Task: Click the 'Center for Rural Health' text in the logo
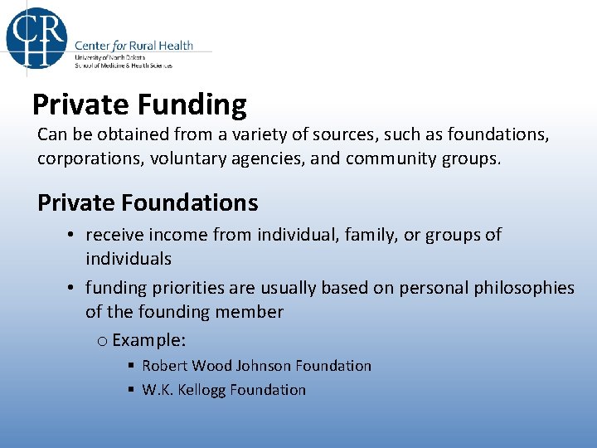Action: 133,45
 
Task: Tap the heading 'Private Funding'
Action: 139,105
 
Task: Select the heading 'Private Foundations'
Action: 148,202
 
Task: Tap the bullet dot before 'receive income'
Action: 73,236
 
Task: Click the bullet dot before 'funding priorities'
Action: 73,289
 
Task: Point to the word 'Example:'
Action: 148,340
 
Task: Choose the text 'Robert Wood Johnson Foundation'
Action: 256,366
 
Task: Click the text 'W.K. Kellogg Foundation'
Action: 224,390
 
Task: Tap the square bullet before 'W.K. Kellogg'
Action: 131,391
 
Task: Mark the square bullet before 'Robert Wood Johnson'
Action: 131,367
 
